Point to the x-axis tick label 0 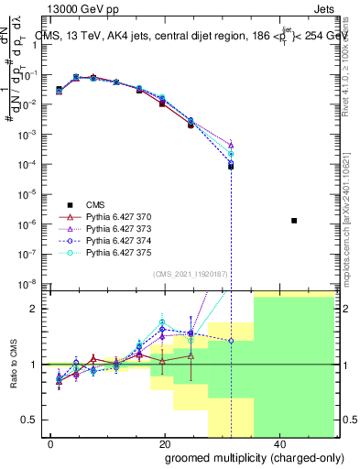coord(49,443)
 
